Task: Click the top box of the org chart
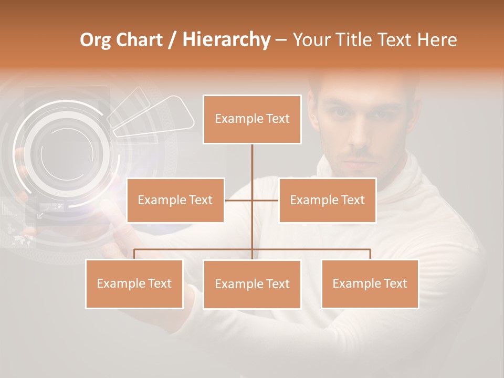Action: [x=252, y=119]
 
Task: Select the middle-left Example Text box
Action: [x=175, y=200]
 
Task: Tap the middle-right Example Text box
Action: [x=327, y=200]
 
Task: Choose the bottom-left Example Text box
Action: [x=134, y=283]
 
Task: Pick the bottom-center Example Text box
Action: [x=252, y=285]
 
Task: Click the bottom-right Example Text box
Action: [x=370, y=283]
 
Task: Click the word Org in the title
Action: [x=96, y=40]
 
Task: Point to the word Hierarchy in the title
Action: [x=226, y=40]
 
